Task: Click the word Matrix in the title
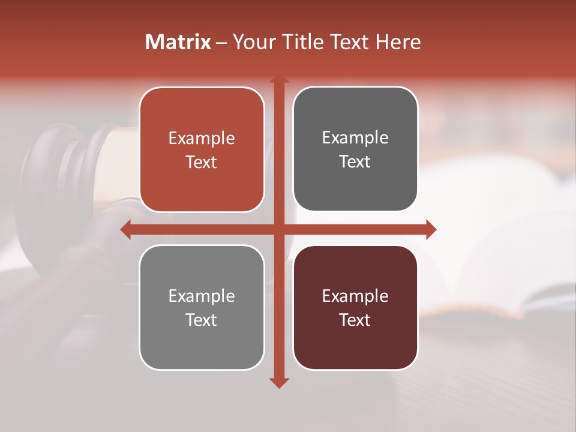[178, 42]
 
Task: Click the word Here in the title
[398, 42]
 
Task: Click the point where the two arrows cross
[279, 229]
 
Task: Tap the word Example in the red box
[202, 139]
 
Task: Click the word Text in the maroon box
[355, 320]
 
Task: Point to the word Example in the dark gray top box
[355, 138]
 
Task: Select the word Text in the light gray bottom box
[202, 320]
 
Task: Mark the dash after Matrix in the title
[221, 43]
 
